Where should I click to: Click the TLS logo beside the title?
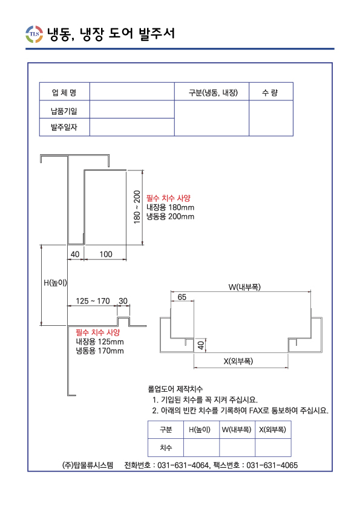(34, 34)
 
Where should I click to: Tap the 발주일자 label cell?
(64, 127)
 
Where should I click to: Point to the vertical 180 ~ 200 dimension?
(137, 207)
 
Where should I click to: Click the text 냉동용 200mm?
(170, 216)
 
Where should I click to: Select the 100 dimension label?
(106, 254)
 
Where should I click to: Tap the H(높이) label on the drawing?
(55, 283)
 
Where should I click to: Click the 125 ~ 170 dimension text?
(93, 301)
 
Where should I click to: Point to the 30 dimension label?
(123, 301)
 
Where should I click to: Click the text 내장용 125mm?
(100, 342)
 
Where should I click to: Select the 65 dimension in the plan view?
(182, 297)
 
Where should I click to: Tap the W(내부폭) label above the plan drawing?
(244, 287)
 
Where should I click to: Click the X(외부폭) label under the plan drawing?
(238, 361)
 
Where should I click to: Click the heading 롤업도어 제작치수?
(175, 389)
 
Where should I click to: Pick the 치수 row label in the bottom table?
(166, 448)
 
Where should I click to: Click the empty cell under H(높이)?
(201, 448)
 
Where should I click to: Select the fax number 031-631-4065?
(272, 465)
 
